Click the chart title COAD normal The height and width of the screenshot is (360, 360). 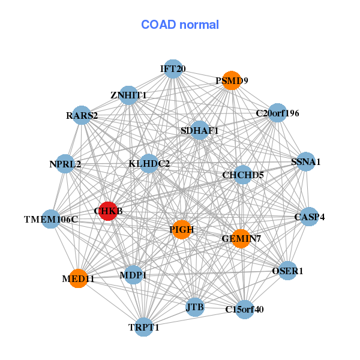[x=180, y=25]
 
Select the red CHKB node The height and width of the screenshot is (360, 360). [x=108, y=211]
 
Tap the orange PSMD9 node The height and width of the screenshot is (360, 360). [x=232, y=80]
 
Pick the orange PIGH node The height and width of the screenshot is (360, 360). [x=182, y=229]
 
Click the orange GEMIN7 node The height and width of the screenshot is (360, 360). [x=241, y=239]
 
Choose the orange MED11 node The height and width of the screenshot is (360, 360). [x=79, y=278]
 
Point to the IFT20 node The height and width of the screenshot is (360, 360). [x=173, y=69]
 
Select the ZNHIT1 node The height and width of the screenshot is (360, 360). [x=128, y=95]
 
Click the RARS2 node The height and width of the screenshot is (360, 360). [x=82, y=115]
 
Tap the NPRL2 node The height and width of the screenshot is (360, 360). [x=65, y=164]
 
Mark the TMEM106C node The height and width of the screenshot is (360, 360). [x=51, y=219]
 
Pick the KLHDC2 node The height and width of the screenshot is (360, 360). [x=149, y=163]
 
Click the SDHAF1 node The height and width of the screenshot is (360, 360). [x=200, y=130]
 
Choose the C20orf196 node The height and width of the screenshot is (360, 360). [x=277, y=113]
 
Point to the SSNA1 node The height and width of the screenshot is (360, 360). [x=306, y=161]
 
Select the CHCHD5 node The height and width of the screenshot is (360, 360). [x=243, y=175]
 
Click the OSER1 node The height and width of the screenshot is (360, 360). [x=288, y=271]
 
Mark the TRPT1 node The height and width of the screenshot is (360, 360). [x=144, y=327]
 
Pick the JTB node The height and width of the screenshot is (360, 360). [x=195, y=308]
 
